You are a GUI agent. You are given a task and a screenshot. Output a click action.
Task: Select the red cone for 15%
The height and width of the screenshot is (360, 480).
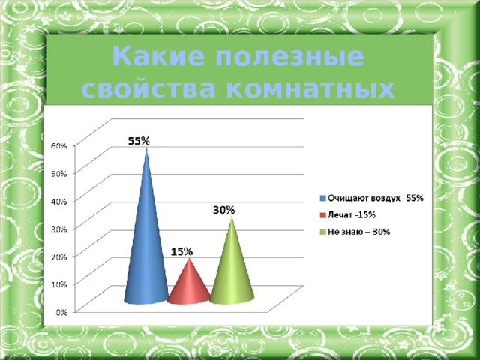[187, 285]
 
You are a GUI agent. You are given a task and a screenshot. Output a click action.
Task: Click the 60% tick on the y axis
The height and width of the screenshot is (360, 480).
[58, 145]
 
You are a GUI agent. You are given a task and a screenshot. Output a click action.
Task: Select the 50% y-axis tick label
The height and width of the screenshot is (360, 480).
[58, 173]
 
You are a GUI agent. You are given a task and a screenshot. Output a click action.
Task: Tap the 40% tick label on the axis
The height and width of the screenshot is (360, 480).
[58, 201]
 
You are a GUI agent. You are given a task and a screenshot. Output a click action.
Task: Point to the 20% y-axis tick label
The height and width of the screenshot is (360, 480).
[58, 256]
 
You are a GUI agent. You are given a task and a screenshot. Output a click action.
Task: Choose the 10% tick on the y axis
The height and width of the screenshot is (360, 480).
[58, 284]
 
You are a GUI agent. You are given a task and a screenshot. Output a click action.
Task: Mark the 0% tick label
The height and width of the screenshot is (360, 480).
[61, 312]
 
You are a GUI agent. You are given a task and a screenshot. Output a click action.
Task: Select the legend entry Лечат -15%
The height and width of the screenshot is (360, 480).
[352, 215]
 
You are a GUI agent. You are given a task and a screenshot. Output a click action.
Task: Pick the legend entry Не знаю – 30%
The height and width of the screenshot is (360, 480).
[359, 232]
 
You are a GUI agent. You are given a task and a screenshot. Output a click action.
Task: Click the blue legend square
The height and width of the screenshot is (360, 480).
[322, 198]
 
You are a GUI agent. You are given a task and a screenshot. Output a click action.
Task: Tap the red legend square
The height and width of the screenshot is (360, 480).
[322, 215]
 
